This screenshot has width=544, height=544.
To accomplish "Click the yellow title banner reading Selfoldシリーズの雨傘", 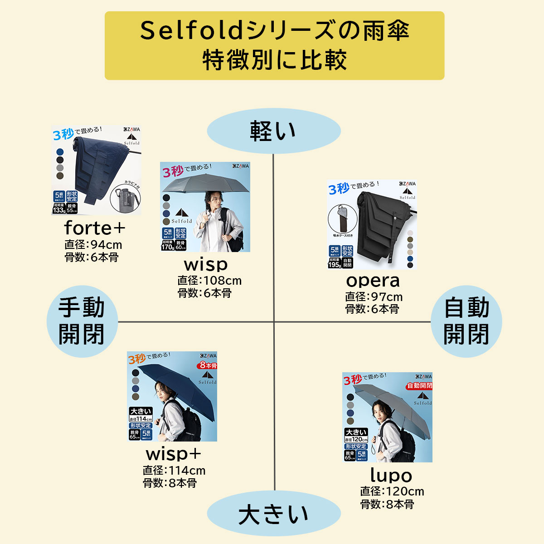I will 274,46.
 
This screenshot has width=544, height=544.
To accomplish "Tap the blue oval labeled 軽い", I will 274,131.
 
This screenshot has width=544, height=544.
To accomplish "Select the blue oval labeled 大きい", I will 274,514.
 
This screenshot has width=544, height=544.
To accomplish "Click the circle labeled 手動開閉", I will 82,321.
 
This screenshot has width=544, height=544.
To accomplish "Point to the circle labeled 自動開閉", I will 466,321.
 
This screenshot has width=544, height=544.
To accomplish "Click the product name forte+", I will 95,228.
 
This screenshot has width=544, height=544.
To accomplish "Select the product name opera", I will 373,281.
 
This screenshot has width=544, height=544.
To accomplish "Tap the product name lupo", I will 391,475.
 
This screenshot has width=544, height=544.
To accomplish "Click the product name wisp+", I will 173,454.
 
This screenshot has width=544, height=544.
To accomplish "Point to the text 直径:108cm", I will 209,281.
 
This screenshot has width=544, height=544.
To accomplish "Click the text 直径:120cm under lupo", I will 392,491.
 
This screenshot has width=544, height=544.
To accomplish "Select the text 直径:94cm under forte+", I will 93,245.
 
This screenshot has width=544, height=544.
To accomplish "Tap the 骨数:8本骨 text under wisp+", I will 170,483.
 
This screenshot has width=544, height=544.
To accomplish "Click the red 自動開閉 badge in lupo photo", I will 419,386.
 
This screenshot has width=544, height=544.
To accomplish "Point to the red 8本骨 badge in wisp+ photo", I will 207,365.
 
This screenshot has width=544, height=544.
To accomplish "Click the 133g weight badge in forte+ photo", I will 58,210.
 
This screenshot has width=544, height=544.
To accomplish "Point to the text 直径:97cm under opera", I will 374,297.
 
